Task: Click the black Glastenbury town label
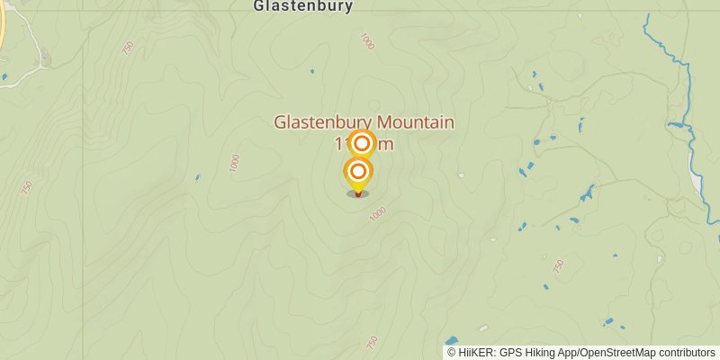click(x=302, y=6)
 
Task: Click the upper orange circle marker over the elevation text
click(x=362, y=143)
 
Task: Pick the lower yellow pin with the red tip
click(x=358, y=173)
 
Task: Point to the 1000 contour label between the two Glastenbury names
click(x=366, y=40)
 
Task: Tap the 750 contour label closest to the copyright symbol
click(x=373, y=342)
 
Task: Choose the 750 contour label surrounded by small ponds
click(x=558, y=266)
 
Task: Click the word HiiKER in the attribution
click(x=479, y=353)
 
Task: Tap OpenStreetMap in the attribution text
click(x=617, y=353)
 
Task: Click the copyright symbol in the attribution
click(x=452, y=353)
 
